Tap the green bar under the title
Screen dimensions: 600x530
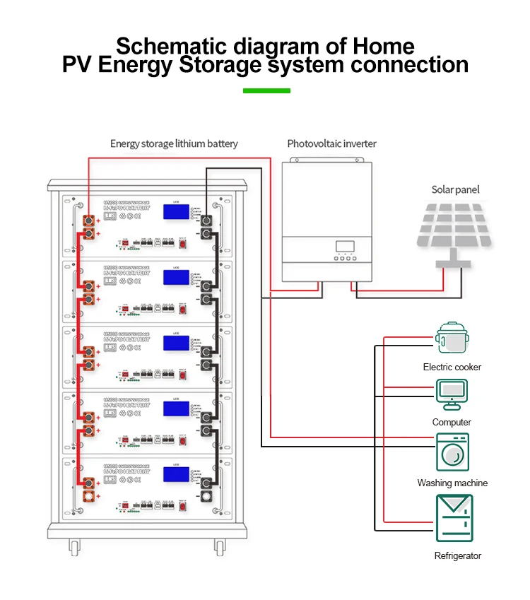(x=266, y=91)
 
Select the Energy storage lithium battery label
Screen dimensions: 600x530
(x=174, y=143)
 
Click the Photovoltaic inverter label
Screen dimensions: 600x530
(x=331, y=143)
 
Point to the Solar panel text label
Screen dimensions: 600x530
(x=455, y=189)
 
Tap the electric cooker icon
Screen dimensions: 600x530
(x=452, y=338)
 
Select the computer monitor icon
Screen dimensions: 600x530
(x=452, y=393)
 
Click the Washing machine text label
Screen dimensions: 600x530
(x=452, y=483)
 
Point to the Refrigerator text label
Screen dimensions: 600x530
(x=457, y=556)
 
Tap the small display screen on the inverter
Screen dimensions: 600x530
(x=344, y=247)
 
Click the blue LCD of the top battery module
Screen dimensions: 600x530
(x=175, y=211)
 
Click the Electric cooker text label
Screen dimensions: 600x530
(x=452, y=367)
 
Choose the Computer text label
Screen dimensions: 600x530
(x=452, y=422)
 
